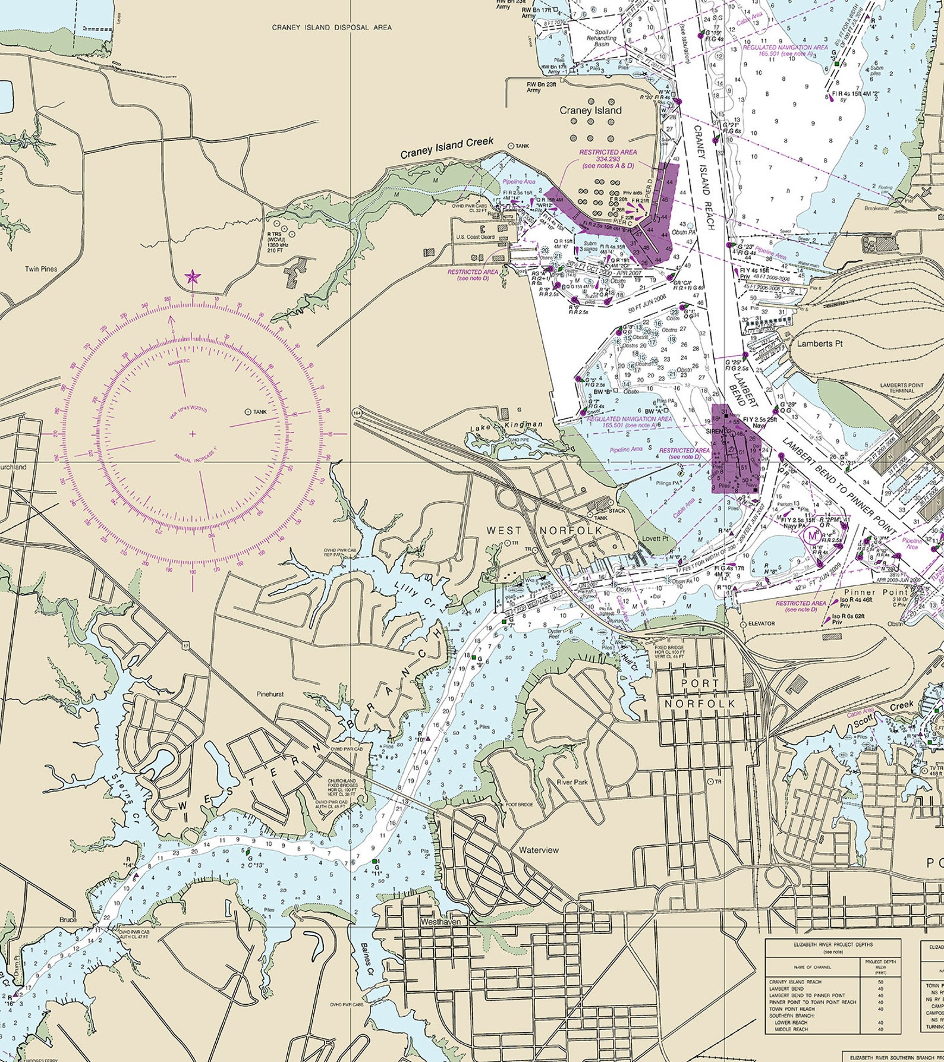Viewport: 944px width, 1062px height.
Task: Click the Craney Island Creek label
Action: tap(447, 149)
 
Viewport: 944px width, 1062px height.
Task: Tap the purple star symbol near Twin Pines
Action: tap(192, 276)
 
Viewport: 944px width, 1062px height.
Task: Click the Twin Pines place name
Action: tap(41, 269)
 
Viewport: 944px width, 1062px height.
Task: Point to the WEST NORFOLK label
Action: tap(545, 530)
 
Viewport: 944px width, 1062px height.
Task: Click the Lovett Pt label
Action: tap(656, 538)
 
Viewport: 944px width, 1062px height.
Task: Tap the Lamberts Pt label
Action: tap(820, 344)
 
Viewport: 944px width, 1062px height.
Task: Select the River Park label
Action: tap(572, 783)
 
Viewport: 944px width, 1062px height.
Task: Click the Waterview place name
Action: tap(539, 850)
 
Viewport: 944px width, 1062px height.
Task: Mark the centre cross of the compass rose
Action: tap(193, 434)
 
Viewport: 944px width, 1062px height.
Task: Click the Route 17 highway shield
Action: tap(187, 645)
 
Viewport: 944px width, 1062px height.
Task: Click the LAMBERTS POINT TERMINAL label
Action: tap(902, 389)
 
